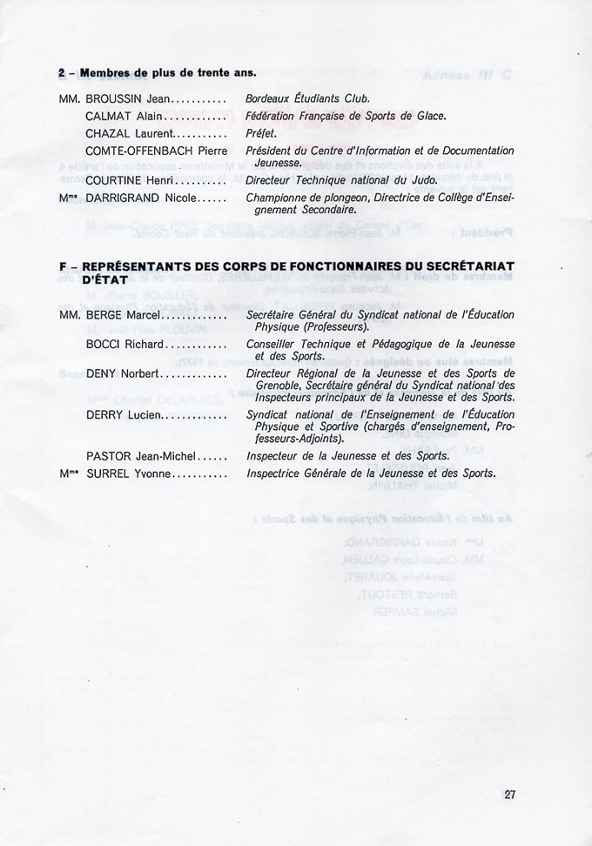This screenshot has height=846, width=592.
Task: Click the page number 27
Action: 510,793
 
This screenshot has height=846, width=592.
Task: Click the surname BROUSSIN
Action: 114,98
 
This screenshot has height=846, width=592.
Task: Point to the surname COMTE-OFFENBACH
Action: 143,151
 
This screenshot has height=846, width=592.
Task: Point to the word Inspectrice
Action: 275,473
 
